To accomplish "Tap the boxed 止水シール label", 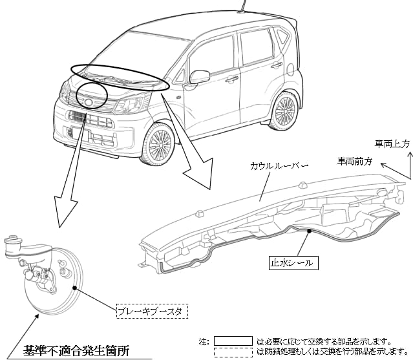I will [x=293, y=263].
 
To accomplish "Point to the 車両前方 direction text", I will [x=355, y=160].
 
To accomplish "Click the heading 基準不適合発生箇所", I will [x=76, y=351].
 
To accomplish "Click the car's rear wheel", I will [x=284, y=111].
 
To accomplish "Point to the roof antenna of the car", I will [x=243, y=6].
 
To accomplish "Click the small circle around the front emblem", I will [x=91, y=98].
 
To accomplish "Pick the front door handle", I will [x=231, y=79].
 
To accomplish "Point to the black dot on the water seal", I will [x=310, y=231].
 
